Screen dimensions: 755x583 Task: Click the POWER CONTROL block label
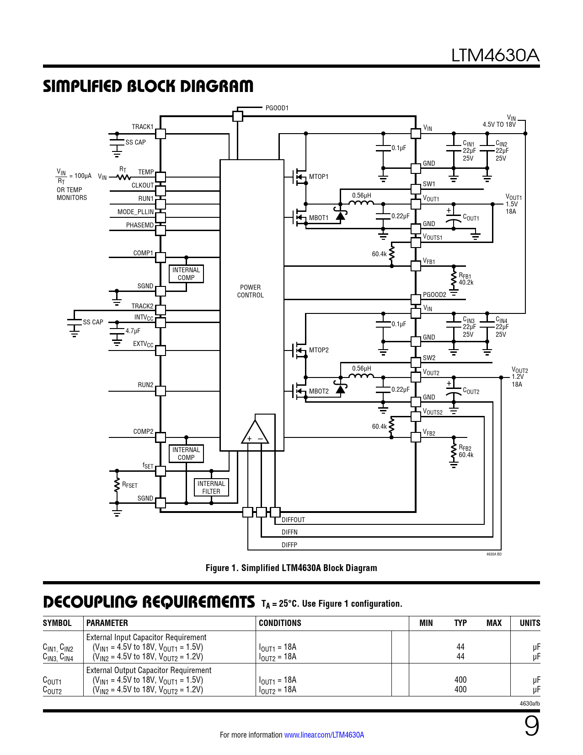[x=250, y=291]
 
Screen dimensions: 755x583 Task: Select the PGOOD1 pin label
[x=277, y=108]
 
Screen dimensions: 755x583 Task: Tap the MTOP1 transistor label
[x=318, y=177]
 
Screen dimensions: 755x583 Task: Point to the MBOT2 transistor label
[x=318, y=391]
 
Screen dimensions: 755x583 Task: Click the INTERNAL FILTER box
[x=211, y=487]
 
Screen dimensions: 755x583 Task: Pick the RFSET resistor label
[x=129, y=485]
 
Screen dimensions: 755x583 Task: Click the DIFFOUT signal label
[x=293, y=520]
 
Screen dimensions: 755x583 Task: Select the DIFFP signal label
[x=289, y=545]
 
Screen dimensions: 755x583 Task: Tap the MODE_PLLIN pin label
[x=135, y=212]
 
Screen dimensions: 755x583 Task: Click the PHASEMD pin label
[x=140, y=225]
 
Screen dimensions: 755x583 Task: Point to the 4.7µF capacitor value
[x=133, y=331]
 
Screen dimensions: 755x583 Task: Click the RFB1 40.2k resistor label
[x=465, y=279]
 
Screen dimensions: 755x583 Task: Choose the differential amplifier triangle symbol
[x=255, y=432]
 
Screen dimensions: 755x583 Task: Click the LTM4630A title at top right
[x=495, y=55]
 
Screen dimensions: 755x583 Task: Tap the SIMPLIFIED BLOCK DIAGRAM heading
[x=148, y=86]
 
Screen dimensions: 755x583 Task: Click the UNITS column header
[x=530, y=623]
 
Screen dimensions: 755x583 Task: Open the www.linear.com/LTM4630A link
[x=324, y=735]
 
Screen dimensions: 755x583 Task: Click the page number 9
[x=531, y=726]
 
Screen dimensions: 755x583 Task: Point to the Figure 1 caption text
[x=291, y=568]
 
